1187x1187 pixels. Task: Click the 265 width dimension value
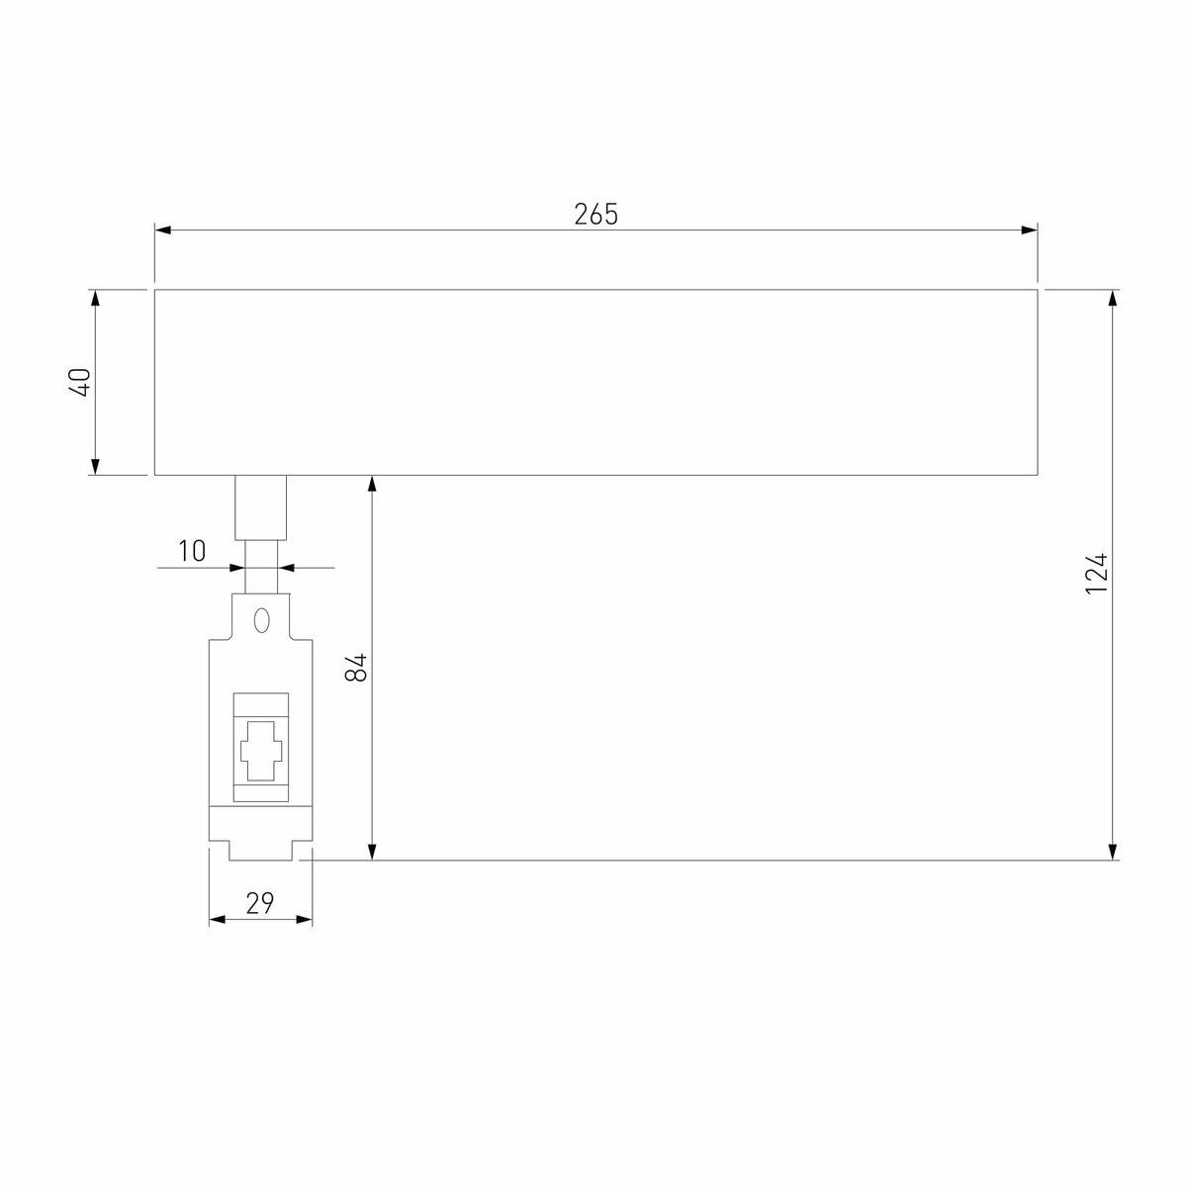(595, 214)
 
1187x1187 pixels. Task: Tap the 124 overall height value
(1096, 574)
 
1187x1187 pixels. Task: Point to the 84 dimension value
(357, 668)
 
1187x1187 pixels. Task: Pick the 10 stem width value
(192, 551)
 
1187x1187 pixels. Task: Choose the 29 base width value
(259, 902)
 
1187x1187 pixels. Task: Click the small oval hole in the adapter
(261, 620)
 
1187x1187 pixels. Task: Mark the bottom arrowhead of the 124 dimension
(1114, 852)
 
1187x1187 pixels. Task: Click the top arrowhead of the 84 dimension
(372, 484)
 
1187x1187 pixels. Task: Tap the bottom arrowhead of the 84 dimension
(372, 852)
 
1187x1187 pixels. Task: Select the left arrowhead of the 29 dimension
(218, 920)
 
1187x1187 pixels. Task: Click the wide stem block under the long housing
(261, 506)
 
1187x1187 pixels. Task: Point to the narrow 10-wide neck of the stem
(261, 566)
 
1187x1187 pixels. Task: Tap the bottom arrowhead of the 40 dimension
(95, 466)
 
